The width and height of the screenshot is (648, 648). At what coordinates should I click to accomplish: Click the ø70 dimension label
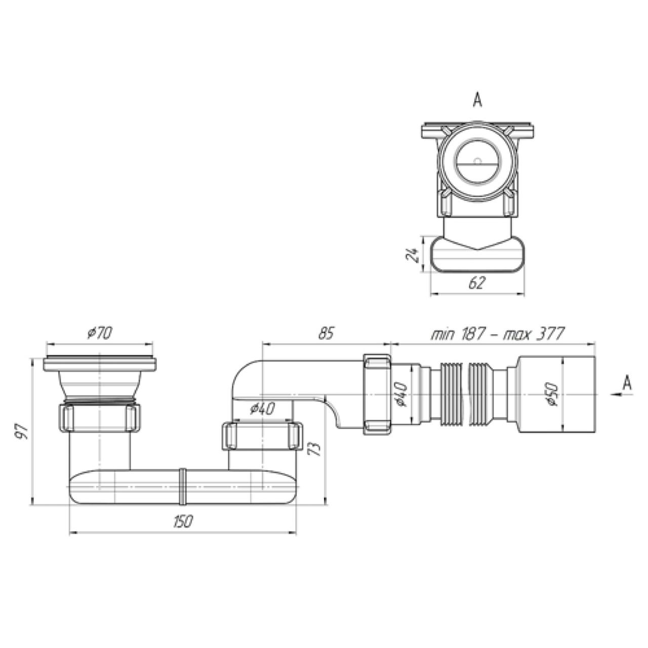(x=100, y=333)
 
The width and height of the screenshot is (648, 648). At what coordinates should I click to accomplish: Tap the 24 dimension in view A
(x=412, y=255)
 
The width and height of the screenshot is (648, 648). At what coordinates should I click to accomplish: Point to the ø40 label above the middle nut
(x=262, y=408)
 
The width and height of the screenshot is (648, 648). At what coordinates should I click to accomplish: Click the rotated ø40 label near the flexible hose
(x=402, y=395)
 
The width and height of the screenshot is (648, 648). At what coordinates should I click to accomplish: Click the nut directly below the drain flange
(x=100, y=417)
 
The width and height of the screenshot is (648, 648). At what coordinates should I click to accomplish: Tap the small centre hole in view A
(x=477, y=161)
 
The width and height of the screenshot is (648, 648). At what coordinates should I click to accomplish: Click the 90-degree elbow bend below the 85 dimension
(x=247, y=376)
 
